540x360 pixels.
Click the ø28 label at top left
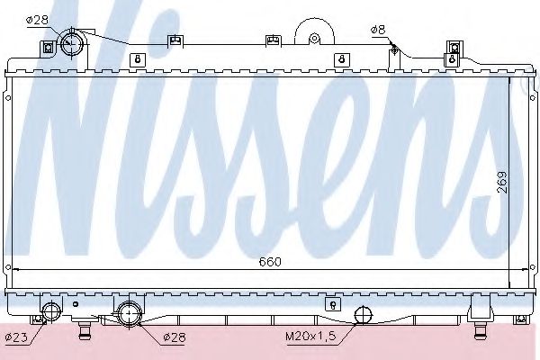(38, 20)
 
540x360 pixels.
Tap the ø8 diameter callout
(378, 30)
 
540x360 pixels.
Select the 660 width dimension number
(270, 262)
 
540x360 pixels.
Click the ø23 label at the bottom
(16, 337)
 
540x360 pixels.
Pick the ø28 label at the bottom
(174, 337)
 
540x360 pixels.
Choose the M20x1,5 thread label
(310, 336)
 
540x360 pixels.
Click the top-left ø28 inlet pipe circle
(72, 44)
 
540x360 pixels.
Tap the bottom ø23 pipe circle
(51, 311)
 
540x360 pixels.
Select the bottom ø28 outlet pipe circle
(129, 313)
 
